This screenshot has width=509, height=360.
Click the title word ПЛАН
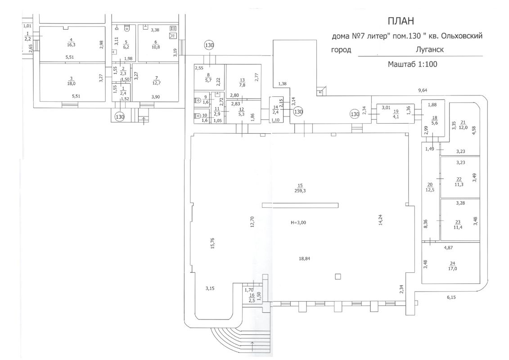pos(400,21)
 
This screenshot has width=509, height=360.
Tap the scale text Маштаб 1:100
pos(413,64)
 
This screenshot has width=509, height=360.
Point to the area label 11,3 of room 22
pos(459,184)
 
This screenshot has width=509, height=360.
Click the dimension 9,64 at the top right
pos(423,90)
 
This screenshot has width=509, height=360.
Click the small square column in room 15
pos(338,276)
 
